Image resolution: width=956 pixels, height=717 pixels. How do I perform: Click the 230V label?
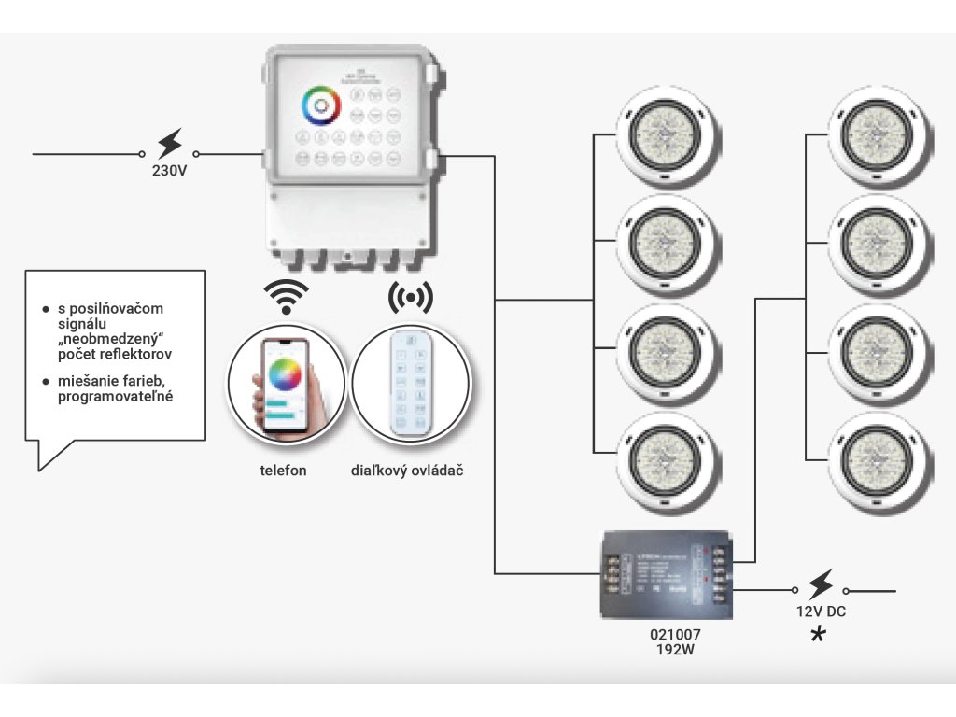pyautogui.click(x=169, y=171)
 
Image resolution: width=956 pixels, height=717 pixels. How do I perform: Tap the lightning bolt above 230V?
pyautogui.click(x=169, y=144)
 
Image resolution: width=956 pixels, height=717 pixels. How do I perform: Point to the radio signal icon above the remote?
pyautogui.click(x=411, y=298)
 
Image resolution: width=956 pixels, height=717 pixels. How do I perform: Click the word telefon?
pyautogui.click(x=283, y=471)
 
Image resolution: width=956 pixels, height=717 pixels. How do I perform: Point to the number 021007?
pyautogui.click(x=675, y=633)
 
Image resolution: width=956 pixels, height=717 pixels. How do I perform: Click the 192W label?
pyautogui.click(x=675, y=648)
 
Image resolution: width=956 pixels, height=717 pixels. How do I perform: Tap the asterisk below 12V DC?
pyautogui.click(x=819, y=635)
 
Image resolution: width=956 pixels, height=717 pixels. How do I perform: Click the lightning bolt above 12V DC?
pyautogui.click(x=820, y=585)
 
